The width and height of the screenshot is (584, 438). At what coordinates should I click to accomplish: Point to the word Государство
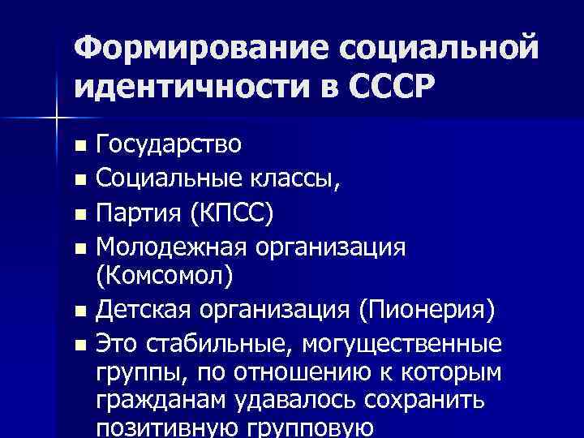(x=169, y=145)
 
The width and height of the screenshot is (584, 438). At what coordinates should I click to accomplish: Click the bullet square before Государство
(x=79, y=147)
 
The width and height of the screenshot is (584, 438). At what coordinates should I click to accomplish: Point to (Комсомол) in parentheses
(x=164, y=276)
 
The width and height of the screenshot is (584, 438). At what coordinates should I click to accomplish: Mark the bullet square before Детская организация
(x=79, y=311)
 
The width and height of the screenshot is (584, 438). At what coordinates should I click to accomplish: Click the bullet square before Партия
(x=79, y=215)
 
